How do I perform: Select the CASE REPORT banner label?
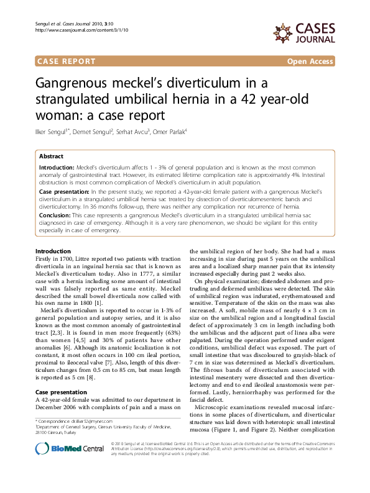click(x=67, y=61)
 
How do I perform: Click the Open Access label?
click(x=310, y=61)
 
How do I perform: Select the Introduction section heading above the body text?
click(x=53, y=251)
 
